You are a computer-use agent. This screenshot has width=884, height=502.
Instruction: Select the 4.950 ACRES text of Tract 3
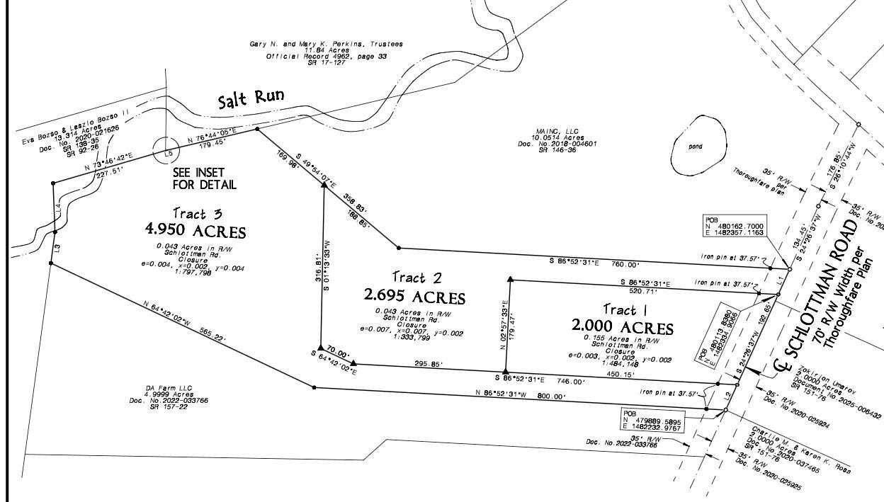[x=195, y=232]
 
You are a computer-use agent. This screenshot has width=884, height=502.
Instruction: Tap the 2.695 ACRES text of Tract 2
[x=415, y=295]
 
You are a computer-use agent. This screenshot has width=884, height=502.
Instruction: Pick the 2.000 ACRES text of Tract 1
[x=623, y=327]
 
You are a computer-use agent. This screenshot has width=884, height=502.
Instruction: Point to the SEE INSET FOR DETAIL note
[x=205, y=178]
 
